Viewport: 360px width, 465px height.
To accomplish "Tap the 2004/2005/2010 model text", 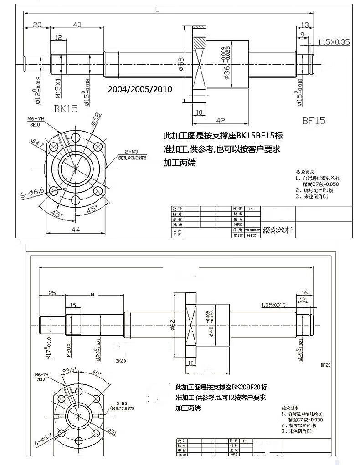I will tap(139, 89).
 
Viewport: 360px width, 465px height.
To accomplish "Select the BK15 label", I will tap(66, 108).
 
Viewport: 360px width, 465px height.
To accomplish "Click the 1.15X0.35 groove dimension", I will tap(334, 42).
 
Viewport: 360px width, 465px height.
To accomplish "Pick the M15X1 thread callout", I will tap(58, 87).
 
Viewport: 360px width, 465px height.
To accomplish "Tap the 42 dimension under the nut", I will tap(220, 120).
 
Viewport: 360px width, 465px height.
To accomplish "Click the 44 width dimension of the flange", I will tap(76, 230).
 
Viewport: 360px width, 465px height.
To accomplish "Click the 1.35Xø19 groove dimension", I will tap(273, 305).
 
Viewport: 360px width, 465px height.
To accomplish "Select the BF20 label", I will tap(325, 364).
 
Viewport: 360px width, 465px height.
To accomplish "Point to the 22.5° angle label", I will tap(70, 370).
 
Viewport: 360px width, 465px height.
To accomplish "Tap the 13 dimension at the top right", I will tap(305, 25).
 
